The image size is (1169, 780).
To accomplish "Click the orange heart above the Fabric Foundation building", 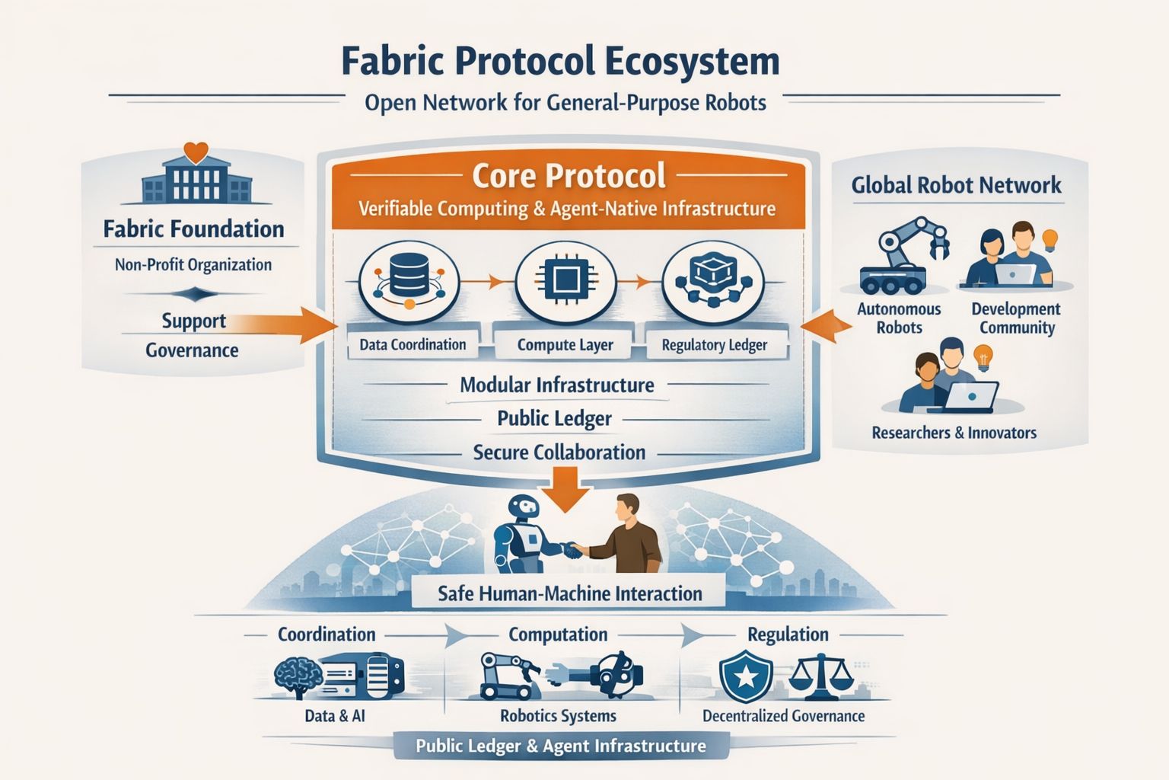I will (196, 152).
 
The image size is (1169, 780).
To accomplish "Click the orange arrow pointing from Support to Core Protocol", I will (308, 325).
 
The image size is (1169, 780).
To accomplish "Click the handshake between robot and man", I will (572, 550).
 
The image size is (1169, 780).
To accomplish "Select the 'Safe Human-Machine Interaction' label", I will (569, 593).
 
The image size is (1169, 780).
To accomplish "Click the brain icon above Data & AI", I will (298, 677).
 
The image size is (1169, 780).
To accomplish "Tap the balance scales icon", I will (820, 678).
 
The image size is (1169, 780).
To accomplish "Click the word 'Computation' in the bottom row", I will (558, 635).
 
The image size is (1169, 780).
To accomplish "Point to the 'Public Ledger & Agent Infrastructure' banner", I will (561, 746).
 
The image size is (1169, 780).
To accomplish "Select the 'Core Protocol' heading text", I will (569, 175).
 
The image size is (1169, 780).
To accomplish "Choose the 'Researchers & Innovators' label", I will (954, 433).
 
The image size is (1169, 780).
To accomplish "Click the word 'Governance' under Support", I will (192, 350).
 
